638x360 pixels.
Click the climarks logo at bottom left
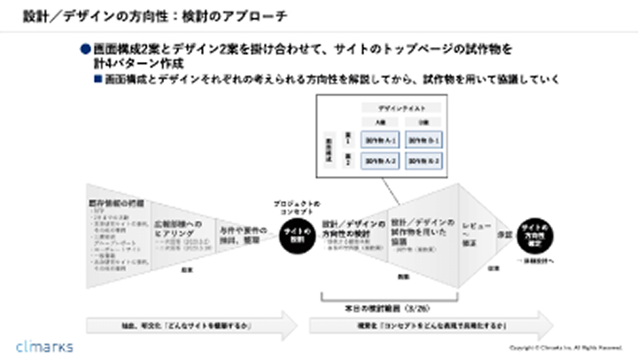44,345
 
